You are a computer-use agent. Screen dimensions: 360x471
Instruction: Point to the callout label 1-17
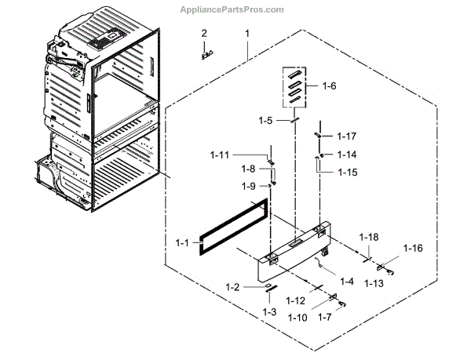click(x=347, y=136)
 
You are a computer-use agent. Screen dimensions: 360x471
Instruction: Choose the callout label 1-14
click(x=347, y=155)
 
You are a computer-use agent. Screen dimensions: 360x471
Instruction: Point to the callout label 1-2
click(x=232, y=287)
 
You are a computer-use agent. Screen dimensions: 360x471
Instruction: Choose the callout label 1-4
click(x=346, y=280)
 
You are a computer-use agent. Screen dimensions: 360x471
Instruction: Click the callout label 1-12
click(x=295, y=301)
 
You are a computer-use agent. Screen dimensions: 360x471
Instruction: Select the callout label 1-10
click(x=298, y=318)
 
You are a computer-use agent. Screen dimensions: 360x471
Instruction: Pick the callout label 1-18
click(x=369, y=237)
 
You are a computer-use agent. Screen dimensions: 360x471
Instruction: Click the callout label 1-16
click(x=413, y=248)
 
